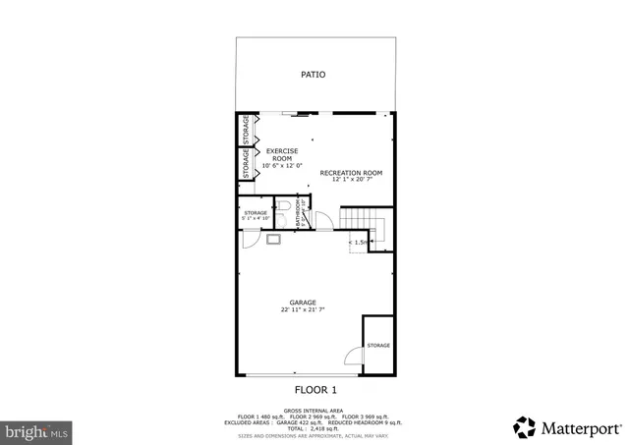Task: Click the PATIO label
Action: pos(313,75)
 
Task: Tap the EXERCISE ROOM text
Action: pos(282,154)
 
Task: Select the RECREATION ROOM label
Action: pos(351,172)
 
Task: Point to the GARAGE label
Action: pos(302,302)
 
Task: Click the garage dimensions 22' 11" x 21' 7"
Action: pos(302,309)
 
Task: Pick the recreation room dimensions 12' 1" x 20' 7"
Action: pos(351,180)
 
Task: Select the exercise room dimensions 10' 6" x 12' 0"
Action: pos(282,166)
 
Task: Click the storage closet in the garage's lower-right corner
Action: pos(378,346)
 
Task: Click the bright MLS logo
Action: pos(36,430)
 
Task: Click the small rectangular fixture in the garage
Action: pos(272,239)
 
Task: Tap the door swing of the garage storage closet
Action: pos(250,239)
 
